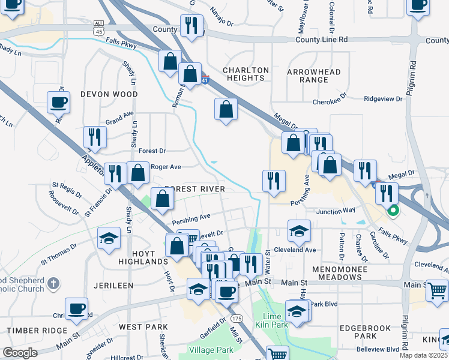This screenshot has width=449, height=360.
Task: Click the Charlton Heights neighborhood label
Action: click(x=246, y=74)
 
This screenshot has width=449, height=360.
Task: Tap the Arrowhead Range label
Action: click(x=314, y=76)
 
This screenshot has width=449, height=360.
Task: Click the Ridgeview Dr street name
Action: click(x=382, y=98)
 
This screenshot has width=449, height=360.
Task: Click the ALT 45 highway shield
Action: click(x=98, y=23)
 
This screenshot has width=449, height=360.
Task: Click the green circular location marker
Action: click(x=394, y=211)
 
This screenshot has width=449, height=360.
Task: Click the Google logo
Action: click(x=20, y=353)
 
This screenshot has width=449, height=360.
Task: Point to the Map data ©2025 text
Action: click(x=424, y=355)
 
